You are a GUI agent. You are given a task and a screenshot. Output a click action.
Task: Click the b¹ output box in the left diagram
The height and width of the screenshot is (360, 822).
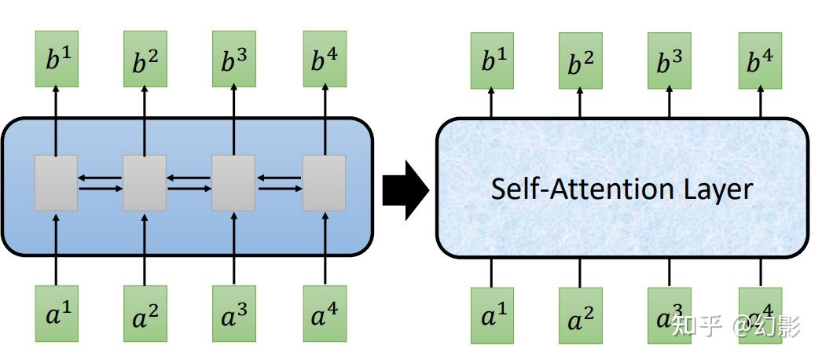pyautogui.click(x=57, y=61)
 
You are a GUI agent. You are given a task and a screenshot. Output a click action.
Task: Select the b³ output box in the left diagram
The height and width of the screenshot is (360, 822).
pyautogui.click(x=233, y=61)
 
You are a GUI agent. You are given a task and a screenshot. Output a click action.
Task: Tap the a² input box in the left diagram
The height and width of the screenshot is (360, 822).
pyautogui.click(x=145, y=314)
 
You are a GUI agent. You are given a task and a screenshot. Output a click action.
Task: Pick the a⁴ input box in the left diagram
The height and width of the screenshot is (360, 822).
pyautogui.click(x=324, y=314)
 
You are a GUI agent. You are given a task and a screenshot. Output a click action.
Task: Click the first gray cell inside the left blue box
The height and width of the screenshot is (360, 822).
pyautogui.click(x=56, y=182)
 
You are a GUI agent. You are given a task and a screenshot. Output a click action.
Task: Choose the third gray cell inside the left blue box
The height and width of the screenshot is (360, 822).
pyautogui.click(x=233, y=182)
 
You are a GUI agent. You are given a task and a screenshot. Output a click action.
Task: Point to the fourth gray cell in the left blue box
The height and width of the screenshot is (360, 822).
pyautogui.click(x=324, y=182)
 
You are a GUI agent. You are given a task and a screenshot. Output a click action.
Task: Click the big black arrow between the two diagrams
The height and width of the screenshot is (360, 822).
pyautogui.click(x=405, y=189)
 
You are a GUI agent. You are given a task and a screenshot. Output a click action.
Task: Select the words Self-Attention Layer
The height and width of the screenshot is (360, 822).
pyautogui.click(x=621, y=189)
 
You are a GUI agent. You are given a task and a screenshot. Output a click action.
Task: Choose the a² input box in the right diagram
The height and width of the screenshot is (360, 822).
pyautogui.click(x=581, y=315)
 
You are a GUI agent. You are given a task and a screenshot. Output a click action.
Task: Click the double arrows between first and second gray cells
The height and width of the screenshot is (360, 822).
pyautogui.click(x=101, y=183)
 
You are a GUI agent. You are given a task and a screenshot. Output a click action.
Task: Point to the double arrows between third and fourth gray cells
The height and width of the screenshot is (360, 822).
pyautogui.click(x=279, y=183)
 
